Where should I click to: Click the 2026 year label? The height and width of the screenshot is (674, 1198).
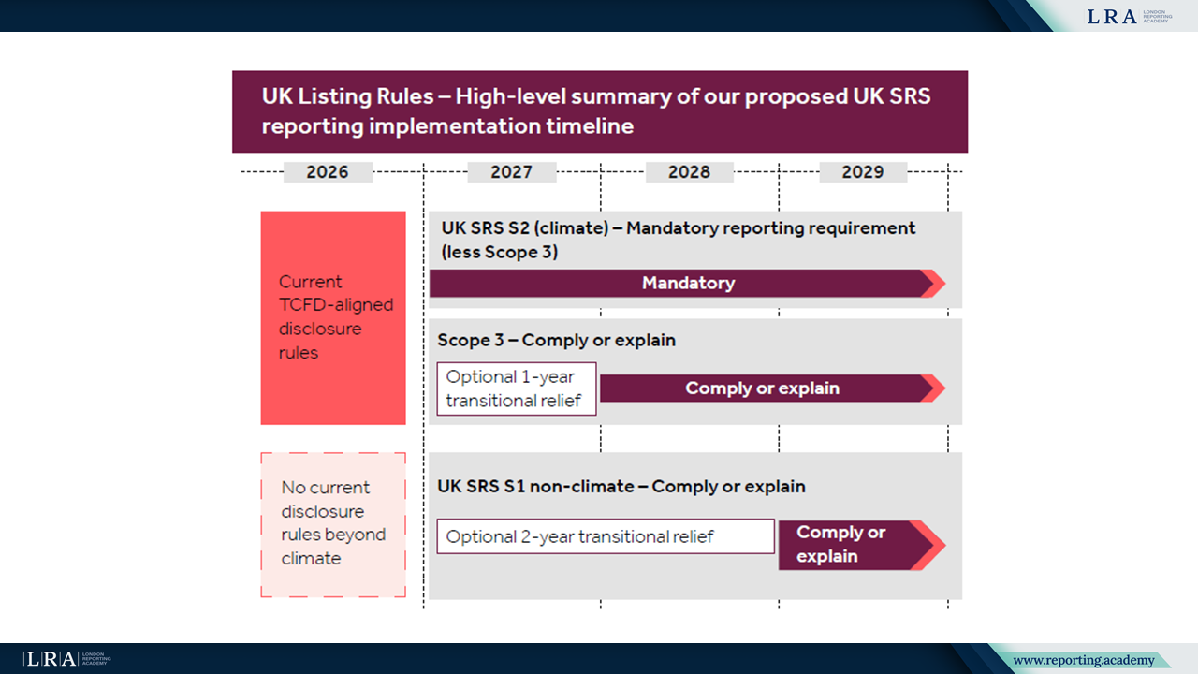[327, 172]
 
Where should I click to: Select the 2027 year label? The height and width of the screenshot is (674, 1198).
[511, 172]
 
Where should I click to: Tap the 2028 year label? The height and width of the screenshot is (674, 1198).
[689, 172]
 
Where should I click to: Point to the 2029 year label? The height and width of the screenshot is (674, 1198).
[862, 172]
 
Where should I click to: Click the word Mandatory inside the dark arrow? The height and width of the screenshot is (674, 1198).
[688, 283]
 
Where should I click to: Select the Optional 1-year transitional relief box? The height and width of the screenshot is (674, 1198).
[516, 388]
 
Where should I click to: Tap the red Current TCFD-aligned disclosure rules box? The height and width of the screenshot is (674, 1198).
[333, 317]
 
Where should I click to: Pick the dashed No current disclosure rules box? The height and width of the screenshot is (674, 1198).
[333, 524]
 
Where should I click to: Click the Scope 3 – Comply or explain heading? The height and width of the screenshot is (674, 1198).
[556, 340]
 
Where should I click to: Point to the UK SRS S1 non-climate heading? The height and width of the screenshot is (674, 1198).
[621, 487]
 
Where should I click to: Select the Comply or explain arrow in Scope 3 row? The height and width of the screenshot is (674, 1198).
[762, 388]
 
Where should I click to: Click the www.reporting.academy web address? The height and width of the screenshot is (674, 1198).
[1083, 661]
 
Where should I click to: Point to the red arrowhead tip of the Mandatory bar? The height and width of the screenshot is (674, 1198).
[934, 283]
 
